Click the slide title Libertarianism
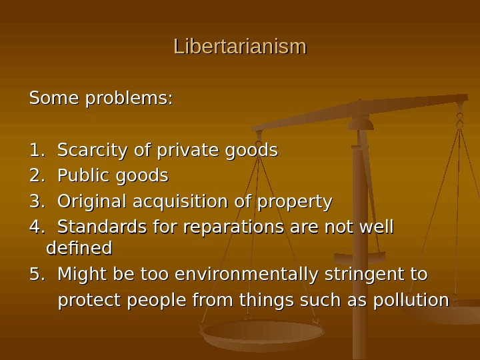click(x=240, y=47)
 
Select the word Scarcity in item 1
click(x=93, y=151)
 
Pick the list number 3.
click(x=36, y=201)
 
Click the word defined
click(x=79, y=249)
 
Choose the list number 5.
click(x=36, y=275)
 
